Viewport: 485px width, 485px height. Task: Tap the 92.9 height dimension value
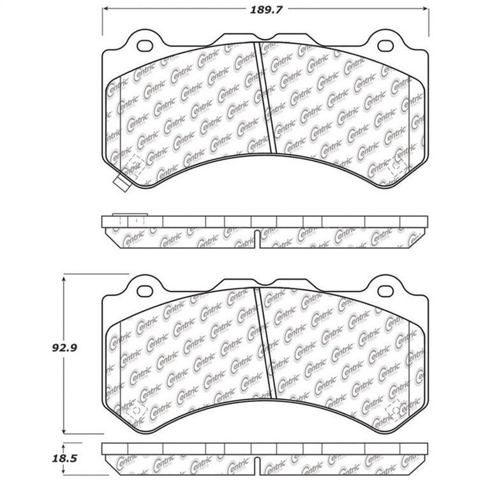pyautogui.click(x=70, y=348)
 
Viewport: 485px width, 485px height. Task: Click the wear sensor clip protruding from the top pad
pyautogui.click(x=120, y=181)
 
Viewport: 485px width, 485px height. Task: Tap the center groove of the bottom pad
pyautogui.click(x=265, y=345)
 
